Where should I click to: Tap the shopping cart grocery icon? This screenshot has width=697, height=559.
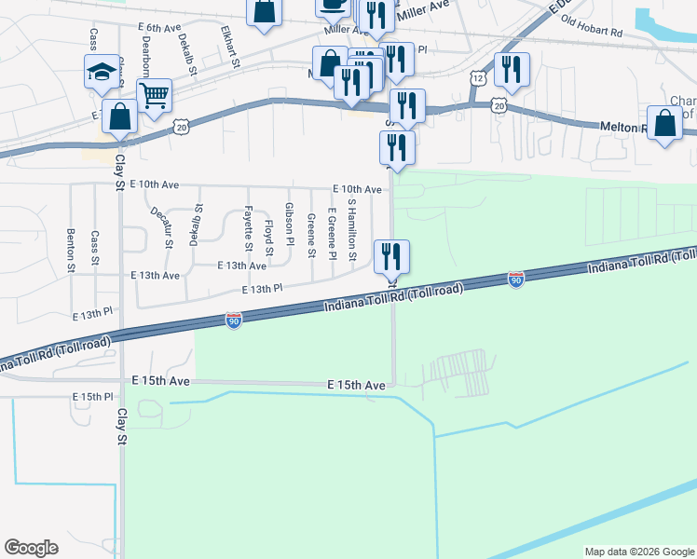pyautogui.click(x=154, y=93)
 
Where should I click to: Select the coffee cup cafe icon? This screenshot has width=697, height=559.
pyautogui.click(x=332, y=4)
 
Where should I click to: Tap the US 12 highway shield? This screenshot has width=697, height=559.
pyautogui.click(x=477, y=79)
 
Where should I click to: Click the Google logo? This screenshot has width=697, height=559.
pyautogui.click(x=31, y=548)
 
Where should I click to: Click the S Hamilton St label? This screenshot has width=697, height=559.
pyautogui.click(x=352, y=229)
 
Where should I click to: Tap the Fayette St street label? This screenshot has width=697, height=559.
pyautogui.click(x=249, y=228)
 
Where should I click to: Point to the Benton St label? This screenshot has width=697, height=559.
pyautogui.click(x=71, y=251)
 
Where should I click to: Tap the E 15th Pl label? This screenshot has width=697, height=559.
pyautogui.click(x=93, y=397)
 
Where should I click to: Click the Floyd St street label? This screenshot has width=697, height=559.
pyautogui.click(x=269, y=239)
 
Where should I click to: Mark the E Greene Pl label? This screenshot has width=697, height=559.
pyautogui.click(x=332, y=234)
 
